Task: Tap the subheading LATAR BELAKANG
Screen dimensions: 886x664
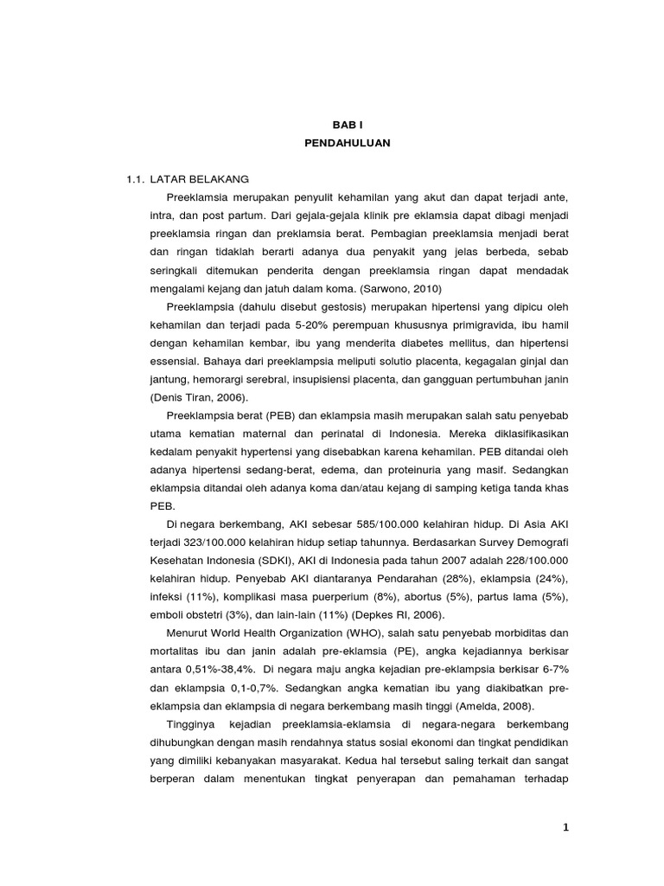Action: (x=200, y=179)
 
